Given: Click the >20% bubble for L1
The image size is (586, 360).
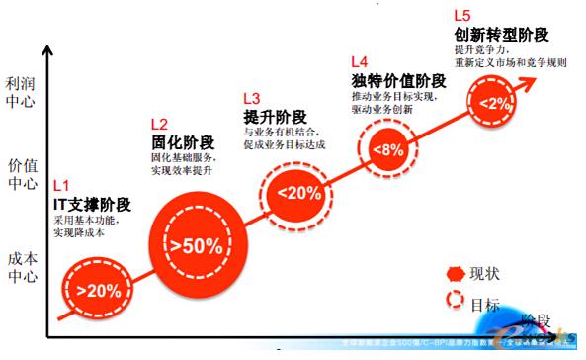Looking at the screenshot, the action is point(97,289).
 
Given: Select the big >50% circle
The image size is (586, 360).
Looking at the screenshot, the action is point(195,241).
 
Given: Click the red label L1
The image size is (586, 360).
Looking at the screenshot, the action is point(61,185).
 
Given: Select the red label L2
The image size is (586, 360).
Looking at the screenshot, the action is point(159,124).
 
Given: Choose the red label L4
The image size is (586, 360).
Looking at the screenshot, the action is point(359,61).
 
